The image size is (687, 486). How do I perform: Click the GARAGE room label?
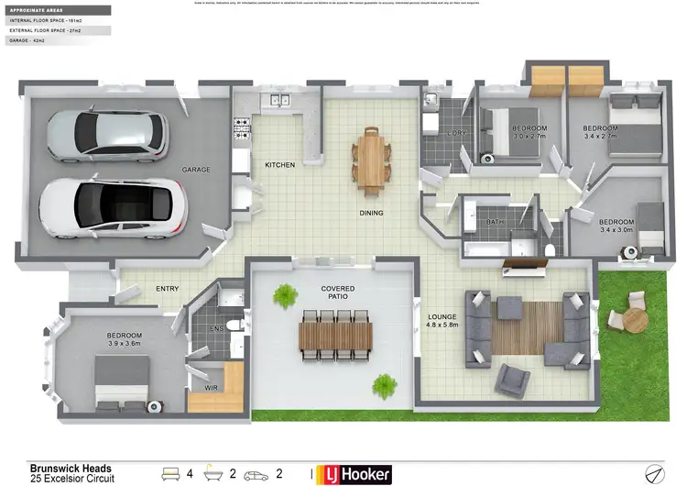point(196,170)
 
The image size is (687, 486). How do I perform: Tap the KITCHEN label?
point(279,165)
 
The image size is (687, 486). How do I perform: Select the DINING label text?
point(371,213)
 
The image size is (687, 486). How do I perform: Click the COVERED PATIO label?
point(337,293)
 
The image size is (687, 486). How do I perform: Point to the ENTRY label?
point(167,289)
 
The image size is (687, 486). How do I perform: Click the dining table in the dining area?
point(371,160)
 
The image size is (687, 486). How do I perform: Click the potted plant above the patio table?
point(287,295)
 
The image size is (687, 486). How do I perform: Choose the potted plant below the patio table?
point(385,385)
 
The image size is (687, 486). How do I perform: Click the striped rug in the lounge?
point(528,327)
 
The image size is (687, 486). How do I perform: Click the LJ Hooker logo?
point(354,474)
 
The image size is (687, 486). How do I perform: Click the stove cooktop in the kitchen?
point(243,129)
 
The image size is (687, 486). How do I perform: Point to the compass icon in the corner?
point(654,473)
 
